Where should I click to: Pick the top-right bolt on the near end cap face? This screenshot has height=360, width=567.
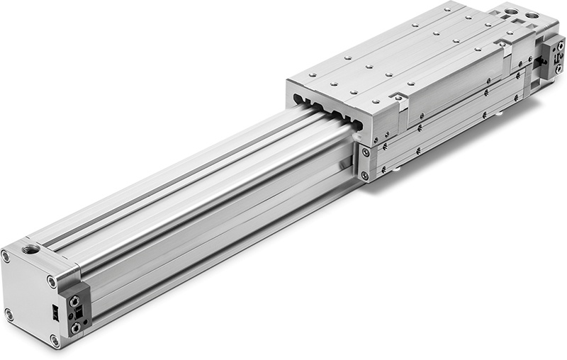pos(52,281)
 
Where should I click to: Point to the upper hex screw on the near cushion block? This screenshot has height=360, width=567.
pos(74,302)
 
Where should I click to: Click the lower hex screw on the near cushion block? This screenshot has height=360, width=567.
pos(74,327)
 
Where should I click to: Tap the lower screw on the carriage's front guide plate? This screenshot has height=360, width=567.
pos(364,174)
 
